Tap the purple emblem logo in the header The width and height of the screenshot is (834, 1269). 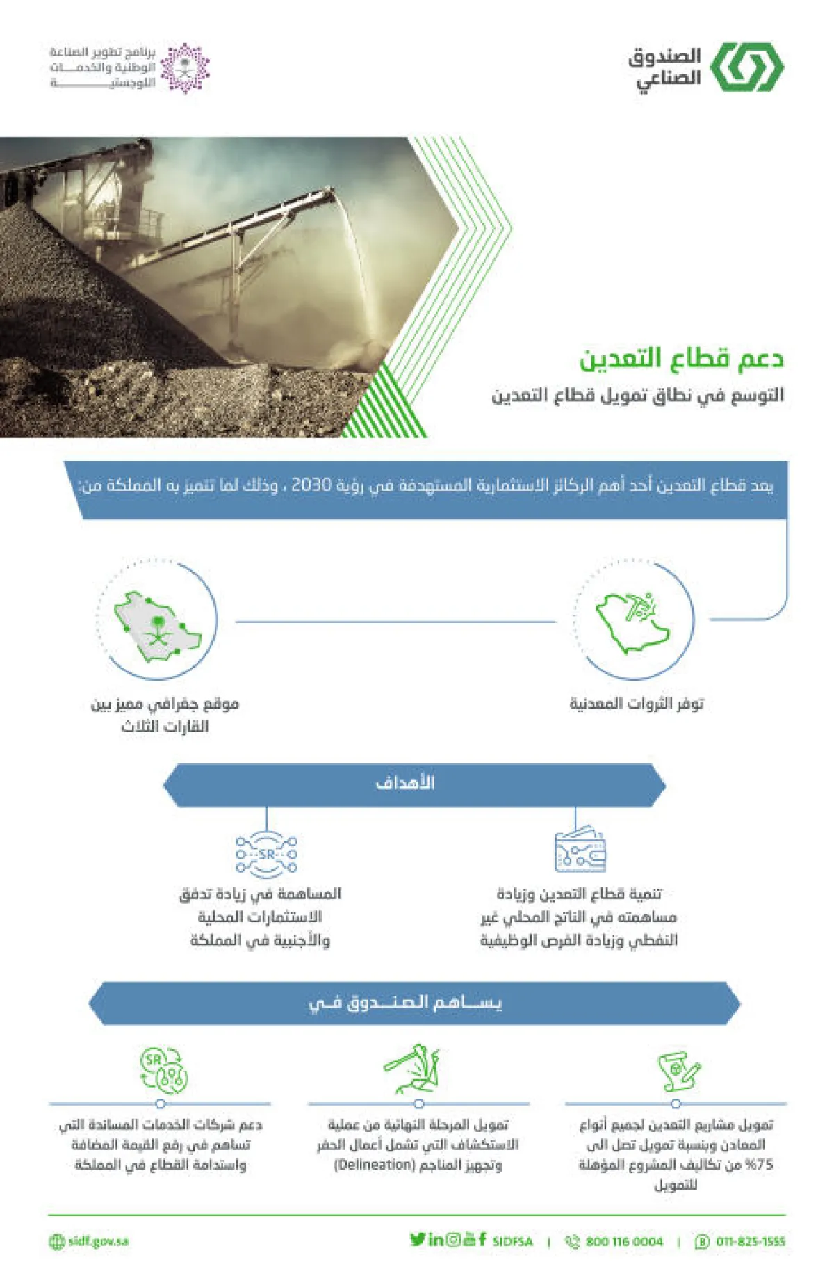tap(185, 68)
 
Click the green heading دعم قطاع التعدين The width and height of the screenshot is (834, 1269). tap(681, 358)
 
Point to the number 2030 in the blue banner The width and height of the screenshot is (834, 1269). tap(311, 485)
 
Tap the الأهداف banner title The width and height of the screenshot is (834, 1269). tap(405, 783)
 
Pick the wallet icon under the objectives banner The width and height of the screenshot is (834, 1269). tap(580, 850)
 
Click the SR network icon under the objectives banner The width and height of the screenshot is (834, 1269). tap(267, 853)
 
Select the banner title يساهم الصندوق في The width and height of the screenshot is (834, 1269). tap(405, 1003)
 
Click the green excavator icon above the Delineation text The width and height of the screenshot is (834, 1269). tap(415, 1069)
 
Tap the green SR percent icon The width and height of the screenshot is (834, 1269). tap(163, 1069)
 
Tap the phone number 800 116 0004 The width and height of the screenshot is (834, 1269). tap(623, 1241)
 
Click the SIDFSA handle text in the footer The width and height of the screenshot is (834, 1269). tap(512, 1241)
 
